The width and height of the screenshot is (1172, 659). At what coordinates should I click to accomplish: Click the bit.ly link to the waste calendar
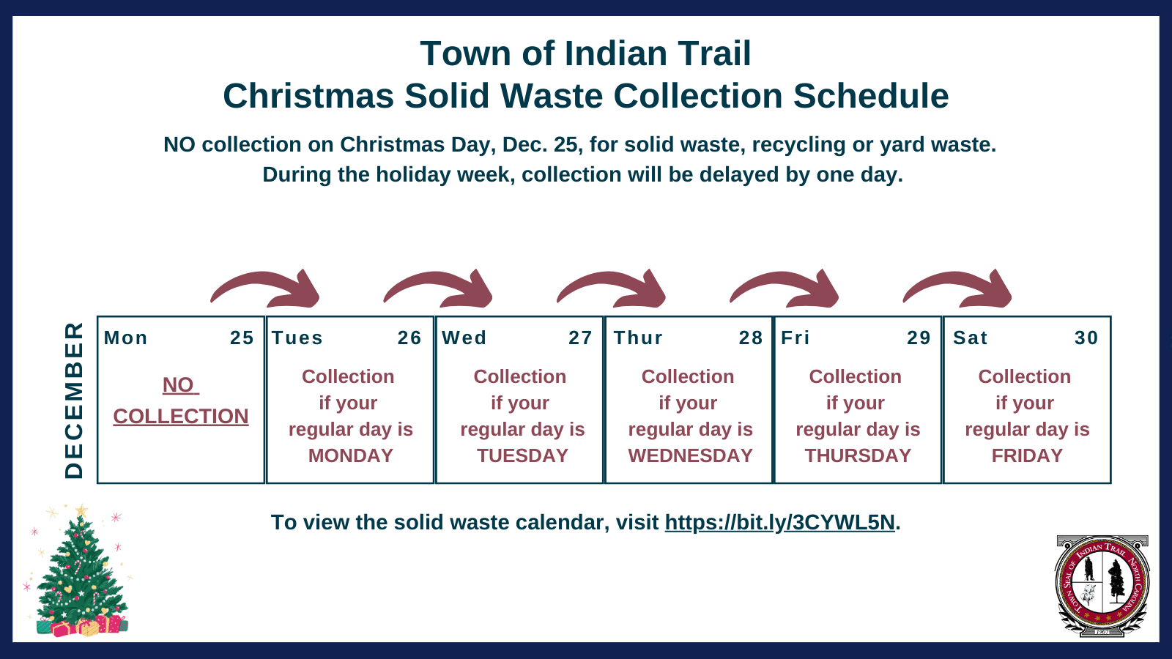tap(779, 522)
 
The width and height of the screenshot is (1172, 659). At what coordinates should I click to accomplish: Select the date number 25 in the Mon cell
tap(242, 338)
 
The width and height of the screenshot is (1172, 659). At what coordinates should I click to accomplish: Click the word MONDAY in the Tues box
tap(350, 455)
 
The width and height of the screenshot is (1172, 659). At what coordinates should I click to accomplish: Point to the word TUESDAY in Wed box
tap(522, 455)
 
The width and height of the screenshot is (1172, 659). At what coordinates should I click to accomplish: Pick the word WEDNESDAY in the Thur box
tap(690, 455)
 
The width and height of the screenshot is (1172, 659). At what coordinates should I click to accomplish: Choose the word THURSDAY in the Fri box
tap(858, 455)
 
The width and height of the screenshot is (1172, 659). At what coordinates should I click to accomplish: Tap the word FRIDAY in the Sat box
tap(1027, 455)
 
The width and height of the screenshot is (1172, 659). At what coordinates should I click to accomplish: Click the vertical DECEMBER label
tap(74, 400)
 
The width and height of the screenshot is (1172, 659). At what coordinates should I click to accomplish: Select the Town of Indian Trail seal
tap(1102, 586)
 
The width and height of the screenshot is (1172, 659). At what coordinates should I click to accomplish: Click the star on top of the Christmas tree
tap(81, 510)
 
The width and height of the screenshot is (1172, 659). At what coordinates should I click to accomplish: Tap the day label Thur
tap(638, 338)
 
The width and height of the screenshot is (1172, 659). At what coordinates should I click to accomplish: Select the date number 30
tap(1086, 338)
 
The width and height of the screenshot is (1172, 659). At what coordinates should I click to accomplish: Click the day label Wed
tap(464, 338)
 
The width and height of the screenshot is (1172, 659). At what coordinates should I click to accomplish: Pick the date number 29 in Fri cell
tap(919, 338)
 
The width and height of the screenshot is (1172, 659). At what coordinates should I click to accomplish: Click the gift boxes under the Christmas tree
tap(82, 626)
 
